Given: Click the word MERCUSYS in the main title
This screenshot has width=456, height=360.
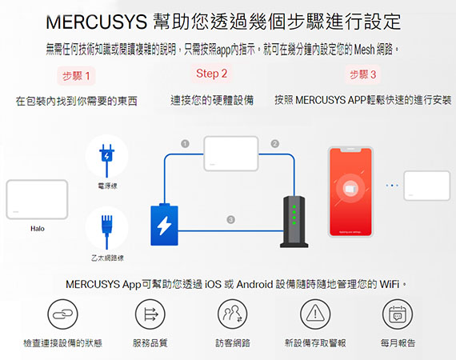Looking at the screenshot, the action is (x=96, y=22).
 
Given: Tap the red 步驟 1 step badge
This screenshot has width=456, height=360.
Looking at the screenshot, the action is (x=76, y=76).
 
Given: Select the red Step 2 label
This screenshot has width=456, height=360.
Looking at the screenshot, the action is (x=211, y=74).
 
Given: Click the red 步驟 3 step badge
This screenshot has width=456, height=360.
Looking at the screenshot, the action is (x=362, y=74).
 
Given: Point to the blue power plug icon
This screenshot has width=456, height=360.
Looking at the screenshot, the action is (x=106, y=160).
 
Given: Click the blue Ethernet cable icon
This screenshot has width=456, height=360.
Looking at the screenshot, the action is (x=106, y=232).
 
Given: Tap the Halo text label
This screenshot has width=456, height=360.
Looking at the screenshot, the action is (x=38, y=229).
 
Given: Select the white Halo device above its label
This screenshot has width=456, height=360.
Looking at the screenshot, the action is (x=37, y=199).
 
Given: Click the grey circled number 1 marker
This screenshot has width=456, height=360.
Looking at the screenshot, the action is (x=185, y=144).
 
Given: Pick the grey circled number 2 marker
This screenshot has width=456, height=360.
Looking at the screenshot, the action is (x=275, y=144).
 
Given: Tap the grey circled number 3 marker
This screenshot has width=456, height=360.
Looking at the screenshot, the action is (x=231, y=219).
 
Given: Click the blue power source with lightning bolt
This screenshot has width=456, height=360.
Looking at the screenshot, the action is (x=164, y=225).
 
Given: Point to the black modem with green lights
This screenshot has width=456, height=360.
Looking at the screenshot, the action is (x=294, y=222).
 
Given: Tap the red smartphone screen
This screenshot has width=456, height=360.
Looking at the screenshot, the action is (x=350, y=192).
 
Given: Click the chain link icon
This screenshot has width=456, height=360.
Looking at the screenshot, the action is (x=62, y=314).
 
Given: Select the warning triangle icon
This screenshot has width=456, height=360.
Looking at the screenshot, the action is (x=315, y=314).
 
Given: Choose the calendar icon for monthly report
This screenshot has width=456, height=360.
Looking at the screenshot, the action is (x=398, y=314).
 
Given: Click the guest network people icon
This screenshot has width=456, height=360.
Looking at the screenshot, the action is (x=232, y=314).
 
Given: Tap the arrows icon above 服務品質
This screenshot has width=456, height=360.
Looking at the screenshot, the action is (x=150, y=314).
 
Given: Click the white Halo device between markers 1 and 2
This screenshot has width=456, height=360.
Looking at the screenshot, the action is (x=231, y=154).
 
